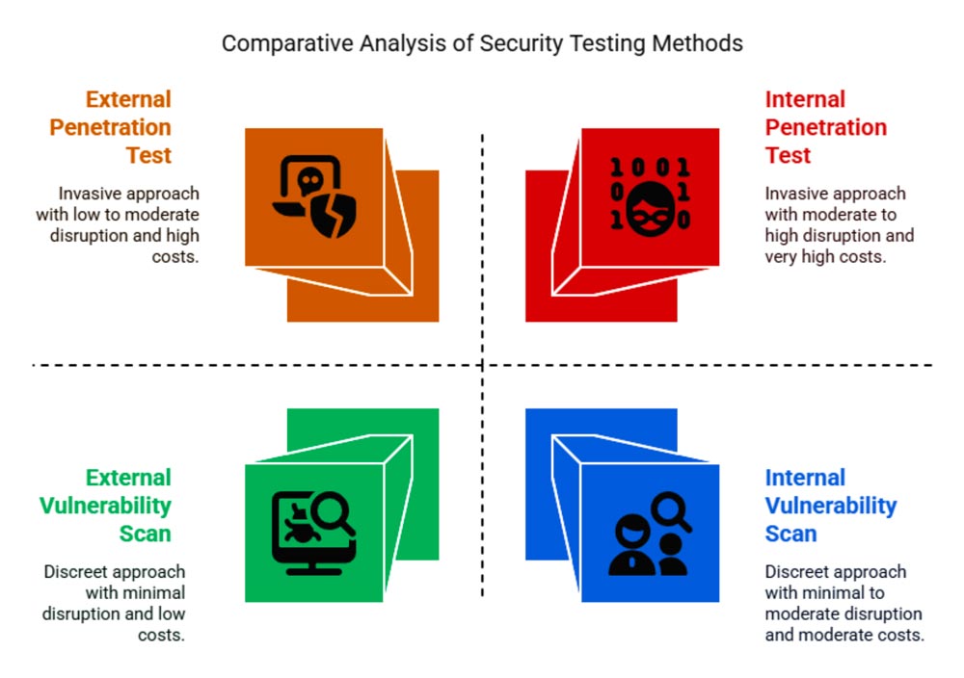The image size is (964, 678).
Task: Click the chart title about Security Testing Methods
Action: [x=482, y=43]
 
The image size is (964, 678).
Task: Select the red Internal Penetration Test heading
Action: [x=825, y=127]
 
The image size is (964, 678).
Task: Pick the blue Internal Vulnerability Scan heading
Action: [x=830, y=506]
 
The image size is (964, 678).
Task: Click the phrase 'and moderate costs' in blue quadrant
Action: [x=844, y=635]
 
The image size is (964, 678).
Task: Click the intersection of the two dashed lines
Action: [x=482, y=365]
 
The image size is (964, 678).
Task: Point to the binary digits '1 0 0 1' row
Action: [x=651, y=169]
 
